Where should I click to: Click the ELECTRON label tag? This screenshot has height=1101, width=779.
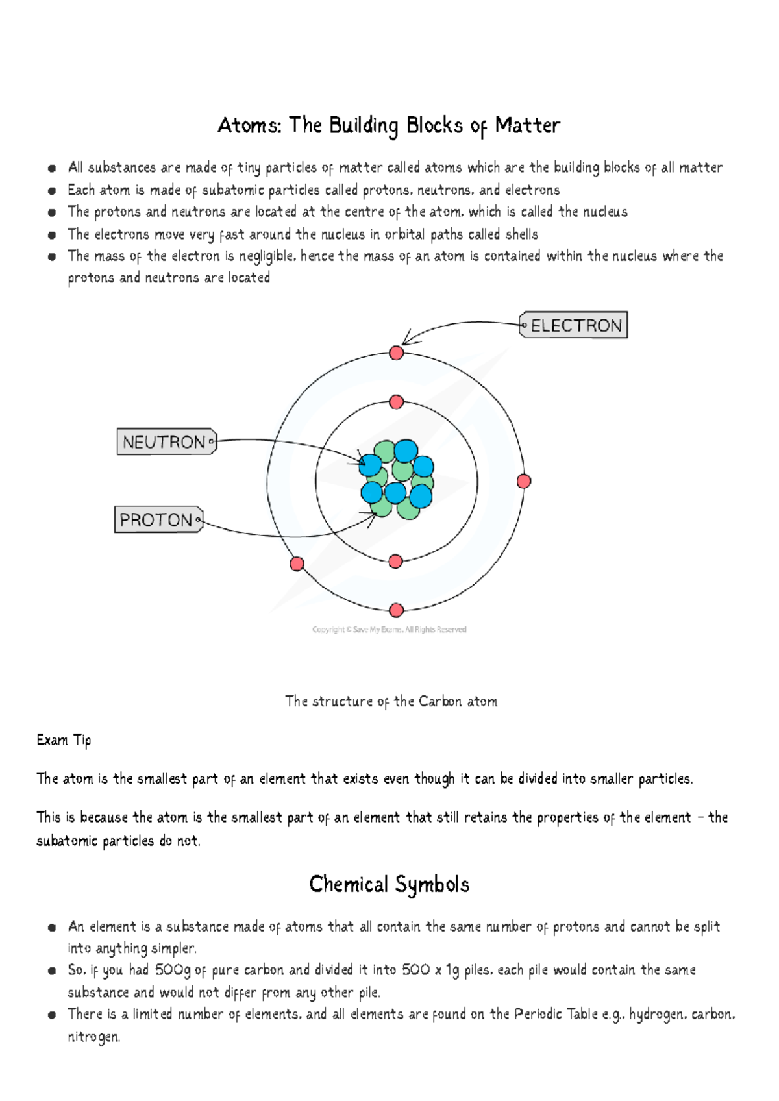(x=574, y=325)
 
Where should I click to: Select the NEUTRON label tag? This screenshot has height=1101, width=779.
(x=166, y=442)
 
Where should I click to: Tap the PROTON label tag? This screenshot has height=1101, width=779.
(x=158, y=520)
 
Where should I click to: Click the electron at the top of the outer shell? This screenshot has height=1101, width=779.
(x=397, y=353)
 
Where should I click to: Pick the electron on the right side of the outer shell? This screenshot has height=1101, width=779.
(x=524, y=481)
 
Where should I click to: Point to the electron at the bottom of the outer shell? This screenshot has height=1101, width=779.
(x=397, y=610)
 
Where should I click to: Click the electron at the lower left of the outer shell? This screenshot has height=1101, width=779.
(x=297, y=563)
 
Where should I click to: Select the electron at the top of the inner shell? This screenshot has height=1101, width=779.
(x=397, y=402)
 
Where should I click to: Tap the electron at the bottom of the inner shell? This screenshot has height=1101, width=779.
(x=395, y=562)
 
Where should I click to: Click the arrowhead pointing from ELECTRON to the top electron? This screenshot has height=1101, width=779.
(x=406, y=338)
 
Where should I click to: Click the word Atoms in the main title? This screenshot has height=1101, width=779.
(x=249, y=125)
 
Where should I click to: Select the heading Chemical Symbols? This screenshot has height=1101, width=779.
(x=389, y=884)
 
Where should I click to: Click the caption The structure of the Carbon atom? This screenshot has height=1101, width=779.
(x=391, y=701)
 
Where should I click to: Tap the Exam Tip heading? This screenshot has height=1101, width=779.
(x=64, y=740)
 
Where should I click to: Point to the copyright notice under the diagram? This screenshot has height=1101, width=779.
(x=389, y=629)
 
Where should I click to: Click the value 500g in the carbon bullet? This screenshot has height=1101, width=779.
(x=173, y=970)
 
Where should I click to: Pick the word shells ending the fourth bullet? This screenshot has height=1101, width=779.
(x=521, y=234)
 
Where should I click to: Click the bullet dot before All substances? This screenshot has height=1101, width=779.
(x=51, y=168)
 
